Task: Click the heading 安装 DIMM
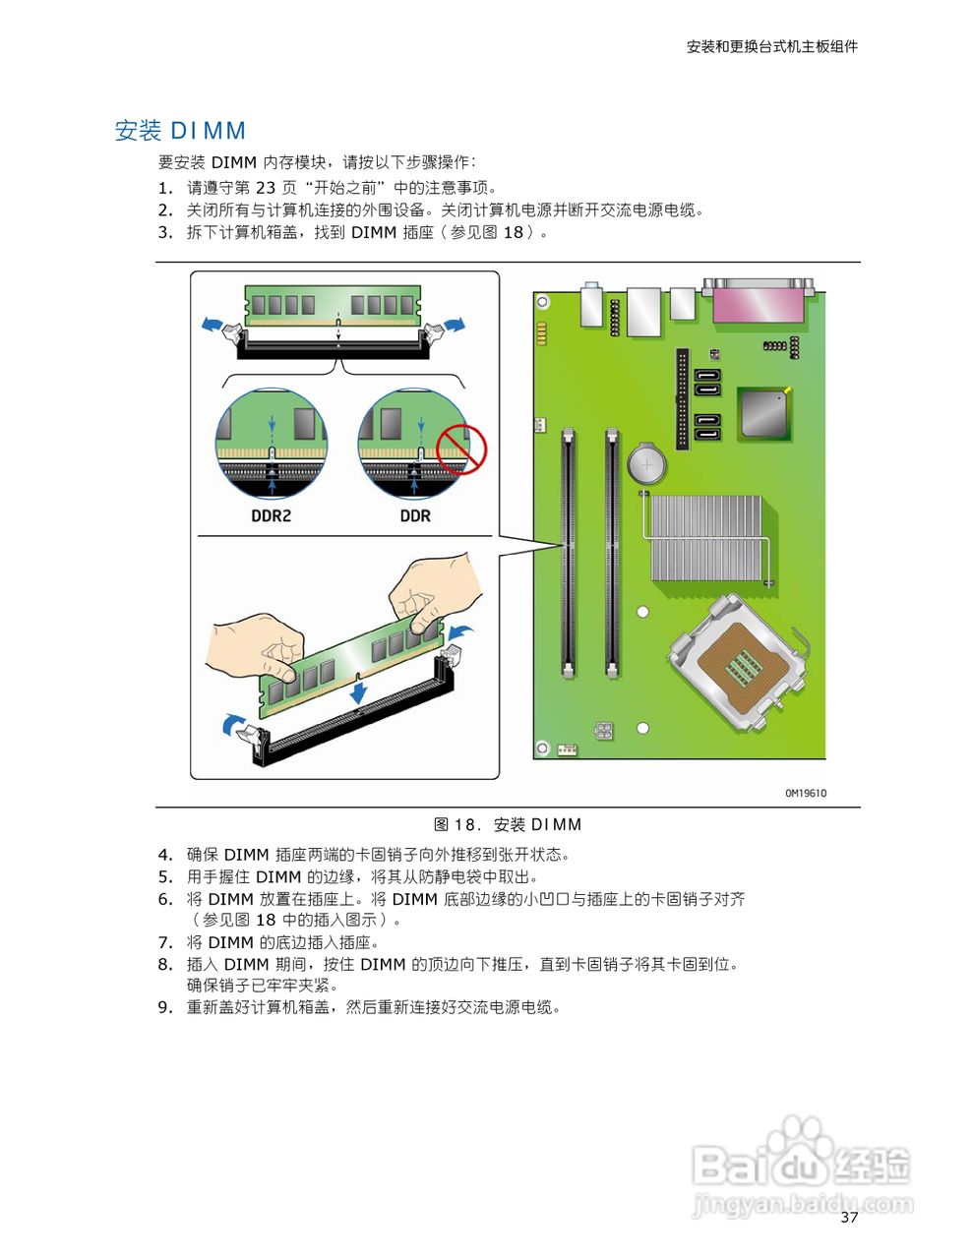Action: (180, 131)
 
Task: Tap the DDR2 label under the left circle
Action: (271, 515)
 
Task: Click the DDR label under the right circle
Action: (414, 515)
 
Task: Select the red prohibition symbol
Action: (461, 449)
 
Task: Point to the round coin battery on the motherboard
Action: (647, 461)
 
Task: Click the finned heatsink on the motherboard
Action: (705, 539)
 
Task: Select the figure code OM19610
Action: (805, 793)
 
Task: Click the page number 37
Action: (849, 1218)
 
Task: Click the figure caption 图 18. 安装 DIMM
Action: (508, 824)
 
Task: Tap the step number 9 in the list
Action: (164, 1007)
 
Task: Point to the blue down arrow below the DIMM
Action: (361, 690)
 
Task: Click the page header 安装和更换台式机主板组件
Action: (771, 46)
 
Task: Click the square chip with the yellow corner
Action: (764, 412)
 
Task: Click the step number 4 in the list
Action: (164, 855)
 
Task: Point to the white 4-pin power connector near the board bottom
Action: (602, 731)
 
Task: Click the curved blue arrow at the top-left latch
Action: (210, 324)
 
